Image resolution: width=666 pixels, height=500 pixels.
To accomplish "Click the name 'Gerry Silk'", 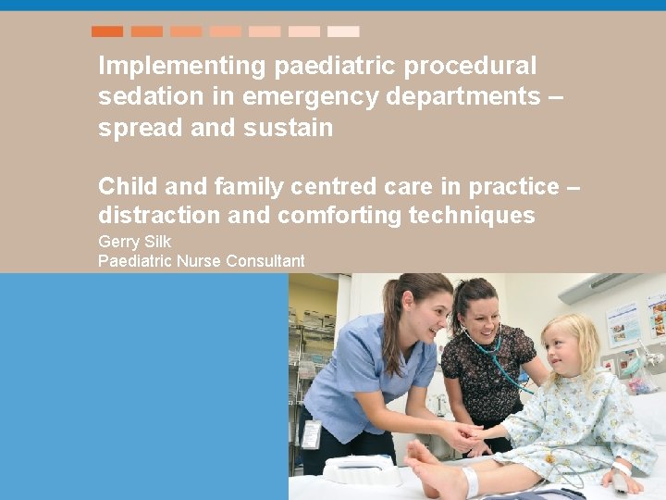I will (x=135, y=243).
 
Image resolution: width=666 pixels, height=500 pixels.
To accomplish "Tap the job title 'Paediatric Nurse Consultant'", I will (x=201, y=261).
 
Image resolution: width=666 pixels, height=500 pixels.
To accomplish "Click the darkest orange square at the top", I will (x=107, y=31).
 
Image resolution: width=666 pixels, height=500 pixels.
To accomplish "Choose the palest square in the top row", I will (x=343, y=31).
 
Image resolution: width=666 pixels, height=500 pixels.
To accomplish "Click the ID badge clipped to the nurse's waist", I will (x=311, y=434).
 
